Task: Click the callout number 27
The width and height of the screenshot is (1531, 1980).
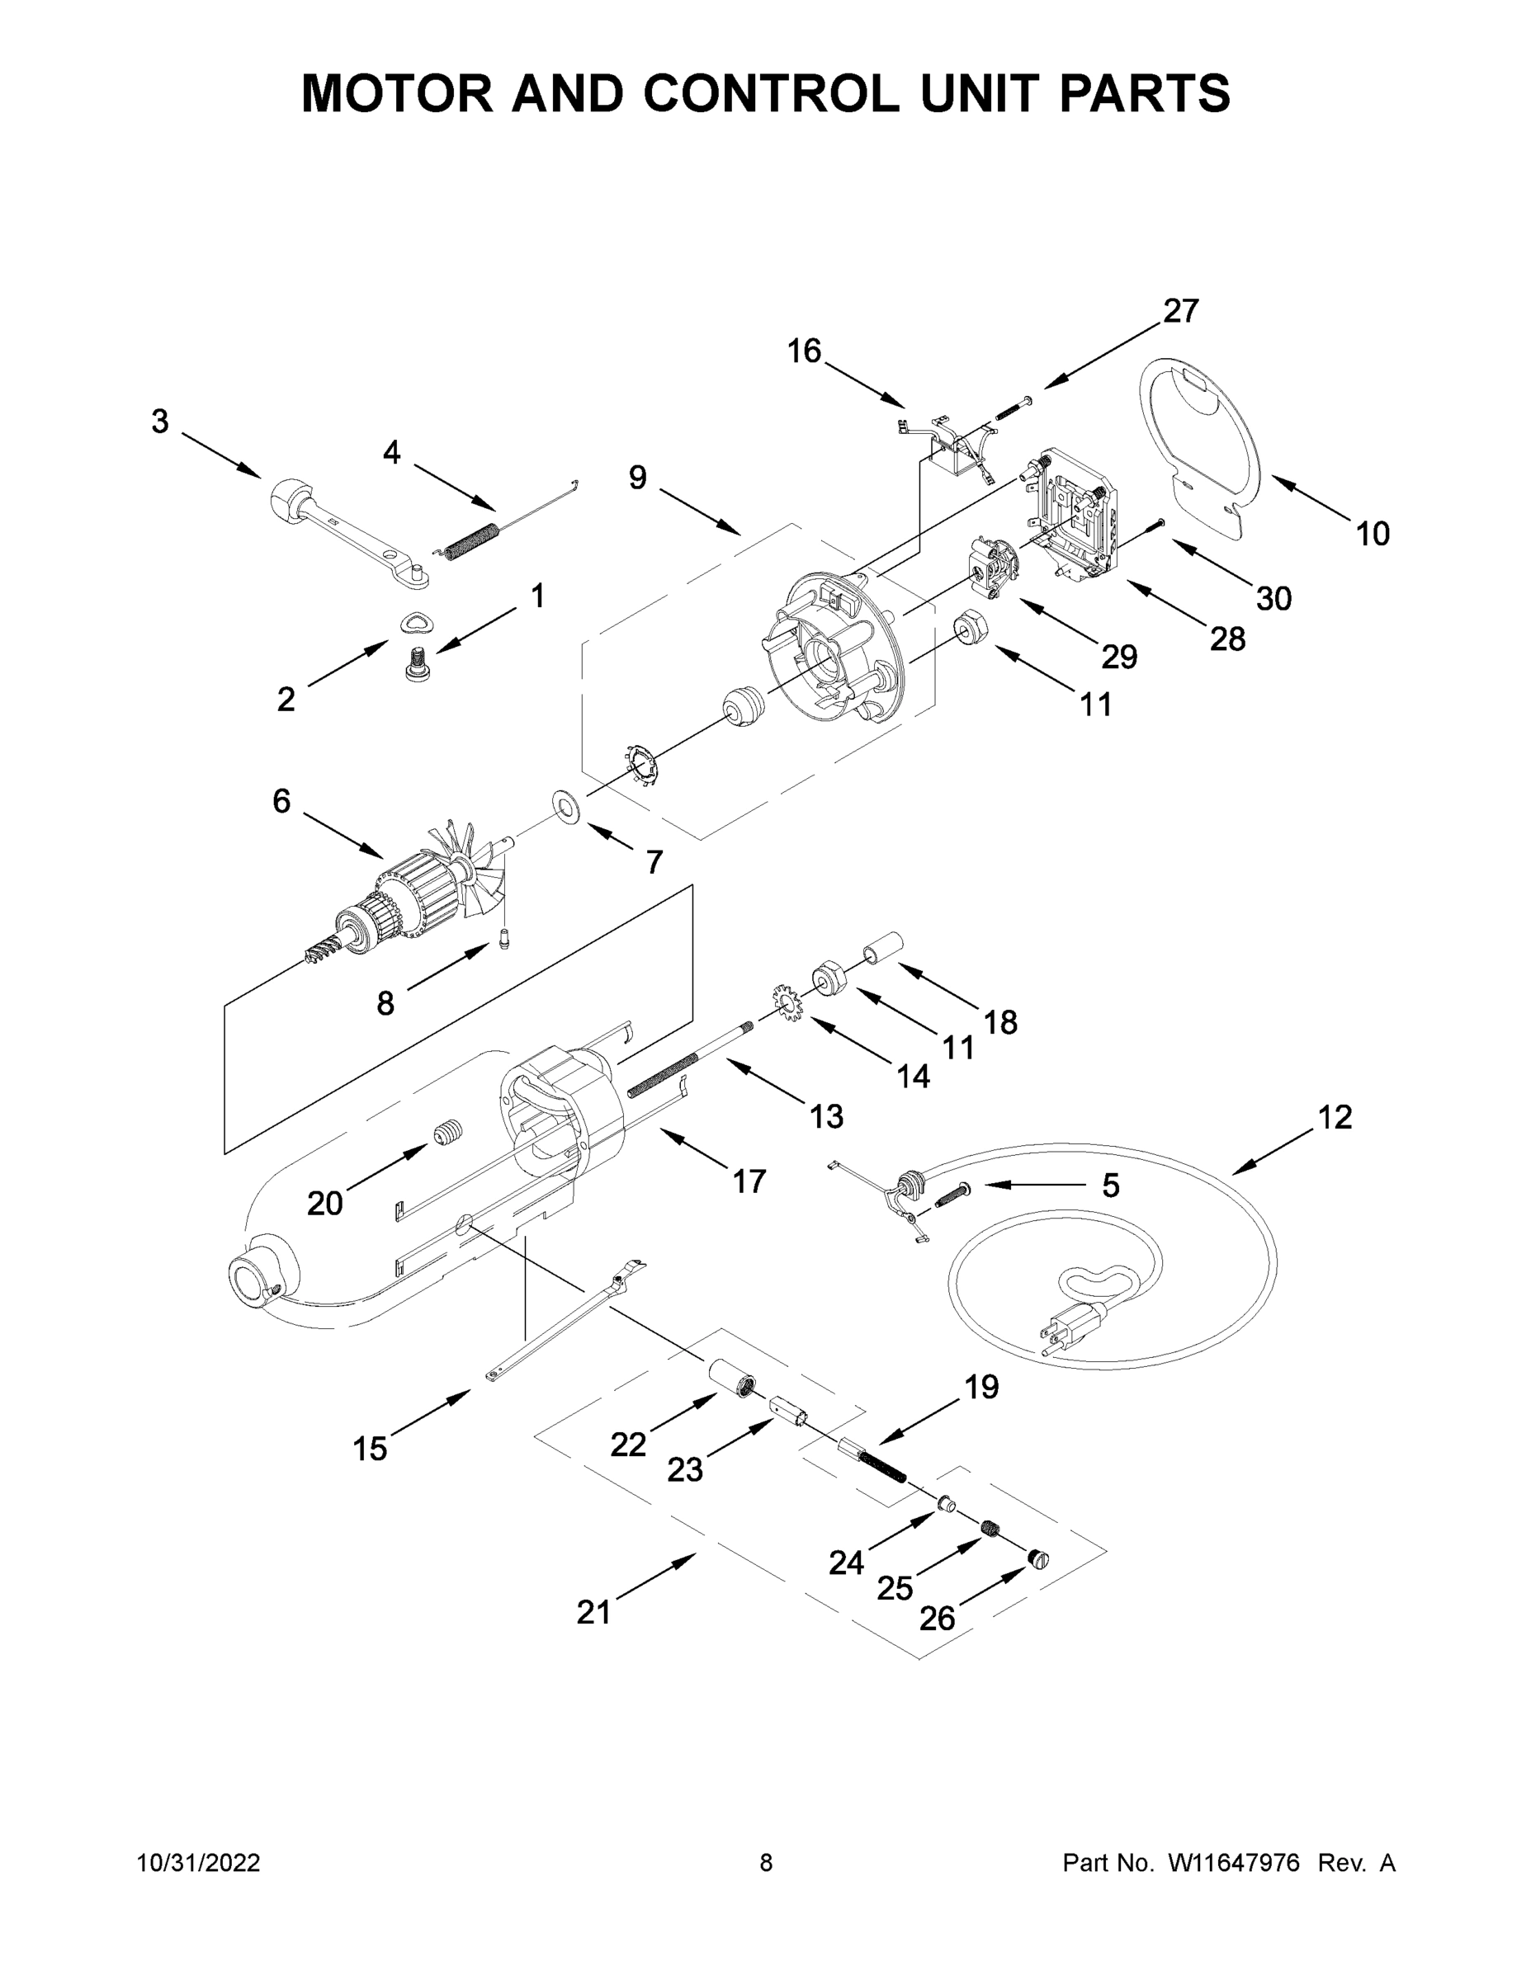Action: point(1181,311)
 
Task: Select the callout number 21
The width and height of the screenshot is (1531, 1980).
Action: point(594,1613)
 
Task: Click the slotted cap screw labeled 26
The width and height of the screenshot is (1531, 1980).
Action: point(1038,1559)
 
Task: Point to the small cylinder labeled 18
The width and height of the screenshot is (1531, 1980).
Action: point(881,948)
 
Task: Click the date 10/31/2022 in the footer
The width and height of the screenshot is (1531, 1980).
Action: point(198,1863)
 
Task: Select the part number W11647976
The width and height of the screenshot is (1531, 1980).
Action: point(1234,1863)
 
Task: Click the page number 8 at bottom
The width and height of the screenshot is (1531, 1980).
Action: point(766,1863)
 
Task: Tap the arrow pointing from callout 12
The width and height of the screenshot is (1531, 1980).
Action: point(1274,1152)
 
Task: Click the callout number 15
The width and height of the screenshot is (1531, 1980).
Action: point(370,1449)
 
